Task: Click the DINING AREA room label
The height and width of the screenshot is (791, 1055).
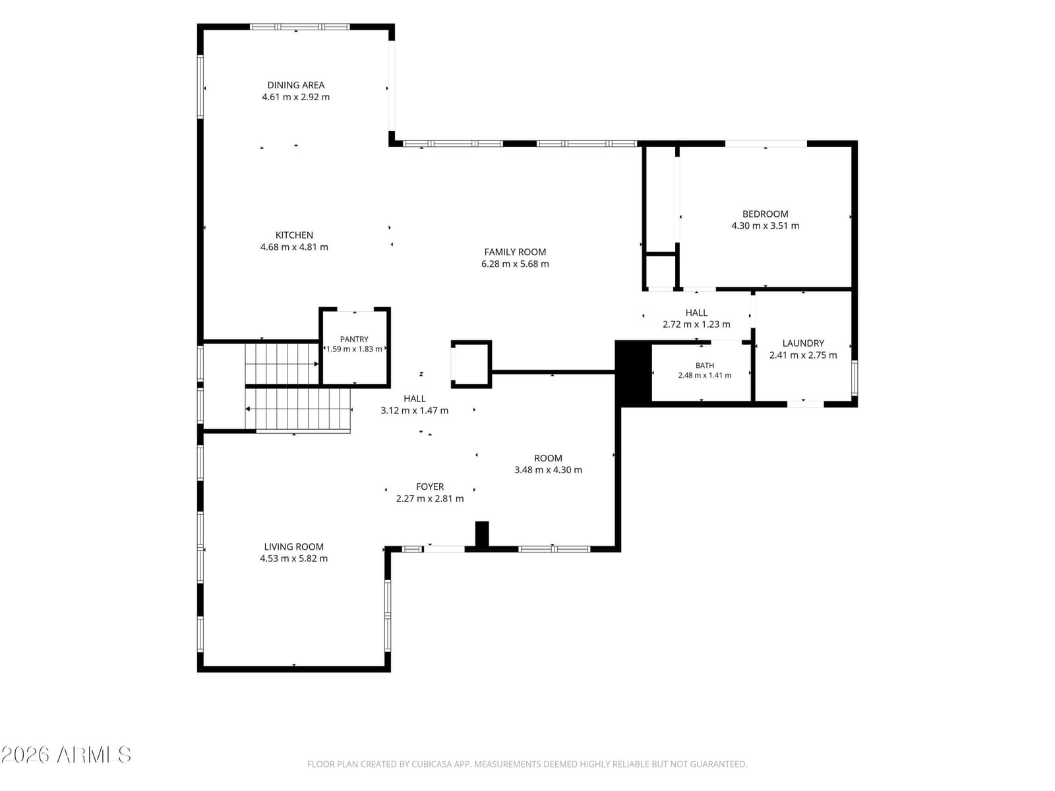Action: (295, 85)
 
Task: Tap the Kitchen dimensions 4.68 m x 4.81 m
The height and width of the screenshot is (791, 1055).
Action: (294, 247)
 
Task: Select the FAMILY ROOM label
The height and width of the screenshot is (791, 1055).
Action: (515, 252)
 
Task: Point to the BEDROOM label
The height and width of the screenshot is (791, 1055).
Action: (765, 214)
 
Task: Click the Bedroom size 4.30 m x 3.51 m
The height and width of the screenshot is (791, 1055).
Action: (765, 225)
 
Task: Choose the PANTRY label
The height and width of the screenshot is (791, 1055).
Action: (354, 339)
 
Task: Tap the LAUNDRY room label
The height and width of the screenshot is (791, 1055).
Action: (803, 343)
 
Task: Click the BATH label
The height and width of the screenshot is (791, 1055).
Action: (705, 365)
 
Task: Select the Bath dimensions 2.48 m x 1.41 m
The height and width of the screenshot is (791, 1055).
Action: (705, 375)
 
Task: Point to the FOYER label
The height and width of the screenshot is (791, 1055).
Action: (430, 486)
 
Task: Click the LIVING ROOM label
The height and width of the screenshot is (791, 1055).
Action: (293, 546)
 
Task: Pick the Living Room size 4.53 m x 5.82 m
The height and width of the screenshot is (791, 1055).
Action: (293, 558)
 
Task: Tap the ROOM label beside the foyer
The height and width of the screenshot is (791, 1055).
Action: (548, 458)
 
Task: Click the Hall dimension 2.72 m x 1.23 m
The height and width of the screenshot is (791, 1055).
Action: (696, 324)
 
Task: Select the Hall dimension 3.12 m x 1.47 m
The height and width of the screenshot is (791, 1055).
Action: (414, 411)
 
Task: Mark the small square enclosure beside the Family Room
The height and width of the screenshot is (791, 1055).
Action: (471, 364)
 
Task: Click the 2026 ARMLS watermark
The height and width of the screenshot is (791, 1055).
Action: (66, 755)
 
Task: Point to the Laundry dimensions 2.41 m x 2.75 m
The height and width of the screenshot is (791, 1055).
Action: (803, 355)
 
